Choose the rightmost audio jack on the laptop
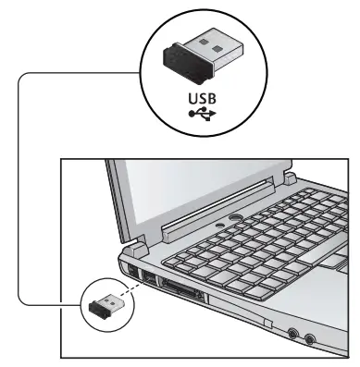pos(311,339)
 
